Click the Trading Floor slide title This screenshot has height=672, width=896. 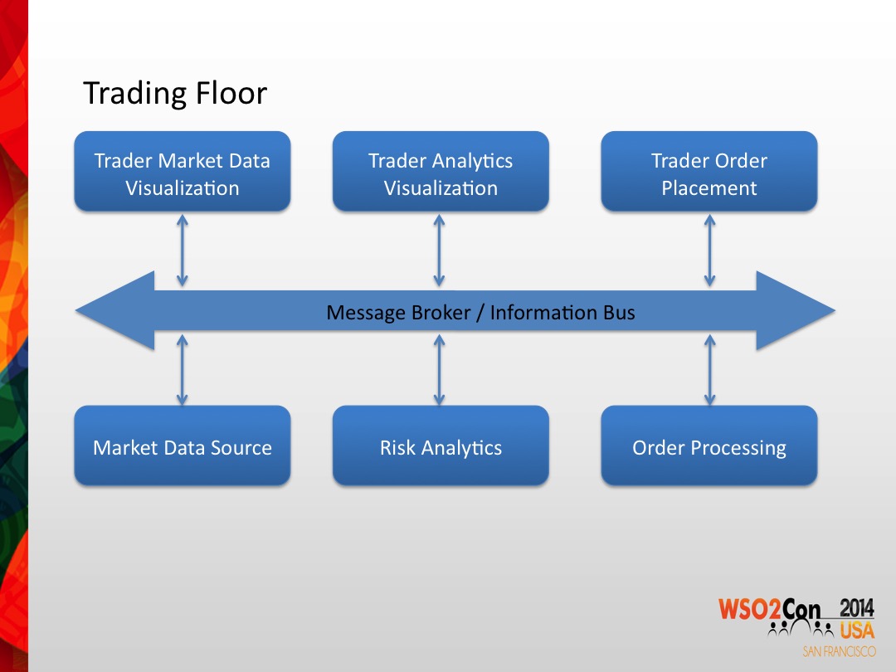click(x=175, y=93)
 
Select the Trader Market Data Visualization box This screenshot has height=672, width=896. click(x=183, y=172)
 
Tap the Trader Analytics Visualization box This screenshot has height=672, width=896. click(x=441, y=172)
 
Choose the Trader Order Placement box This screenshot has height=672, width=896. click(x=709, y=172)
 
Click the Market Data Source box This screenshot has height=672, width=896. click(x=183, y=446)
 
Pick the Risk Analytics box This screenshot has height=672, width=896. click(x=441, y=446)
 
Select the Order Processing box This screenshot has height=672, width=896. click(x=709, y=446)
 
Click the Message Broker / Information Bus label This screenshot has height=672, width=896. click(x=480, y=313)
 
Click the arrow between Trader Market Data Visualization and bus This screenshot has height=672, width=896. click(x=183, y=251)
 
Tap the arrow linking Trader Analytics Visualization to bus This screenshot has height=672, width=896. click(x=439, y=251)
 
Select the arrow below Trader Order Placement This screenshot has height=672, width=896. click(x=709, y=251)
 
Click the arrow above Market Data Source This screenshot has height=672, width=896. click(x=183, y=370)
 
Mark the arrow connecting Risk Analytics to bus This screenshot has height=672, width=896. click(x=439, y=370)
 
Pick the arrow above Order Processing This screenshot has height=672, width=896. click(x=709, y=370)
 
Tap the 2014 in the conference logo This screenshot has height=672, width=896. click(x=856, y=608)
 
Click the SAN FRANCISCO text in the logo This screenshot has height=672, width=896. click(x=840, y=651)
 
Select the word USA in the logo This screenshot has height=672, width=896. click(x=857, y=631)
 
